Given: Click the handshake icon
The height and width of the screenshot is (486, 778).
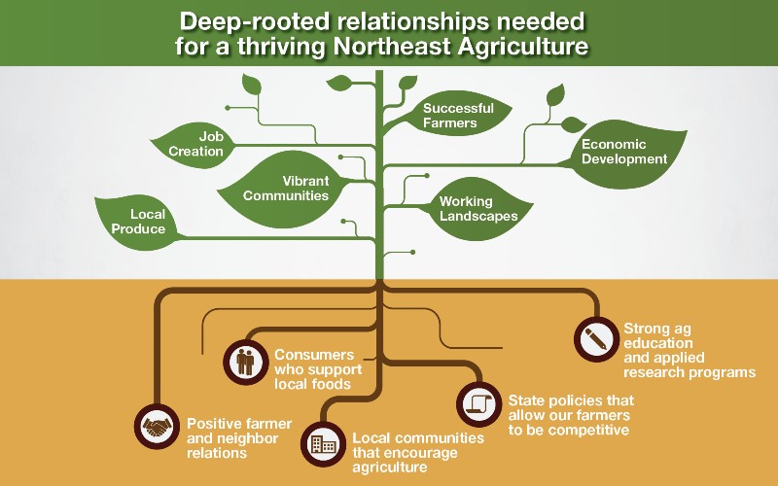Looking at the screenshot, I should tap(157, 425).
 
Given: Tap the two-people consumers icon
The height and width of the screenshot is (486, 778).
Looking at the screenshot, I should tap(245, 361).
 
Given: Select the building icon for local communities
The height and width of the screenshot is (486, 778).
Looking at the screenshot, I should tap(323, 445).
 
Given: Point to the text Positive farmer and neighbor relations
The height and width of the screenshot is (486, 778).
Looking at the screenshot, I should tap(230, 438).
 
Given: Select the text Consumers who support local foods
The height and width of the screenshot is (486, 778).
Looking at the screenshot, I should tap(318, 369).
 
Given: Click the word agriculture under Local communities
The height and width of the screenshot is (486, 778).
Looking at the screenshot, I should tap(390, 468).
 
